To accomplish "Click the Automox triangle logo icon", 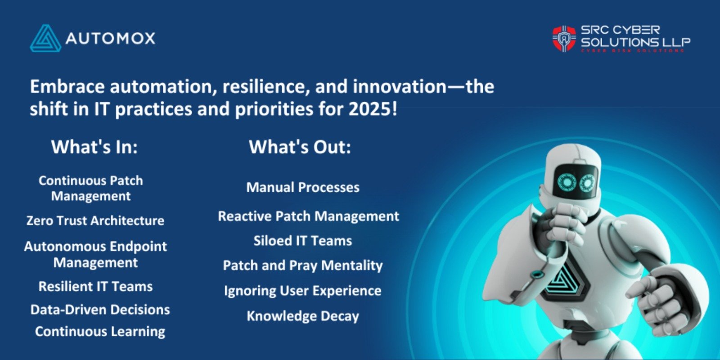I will pos(45,39).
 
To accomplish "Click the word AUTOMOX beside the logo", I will pos(110,38).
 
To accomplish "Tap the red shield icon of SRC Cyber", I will pos(564,39).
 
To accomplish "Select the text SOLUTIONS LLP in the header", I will pos(635,42).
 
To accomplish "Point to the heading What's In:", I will pos(94,147).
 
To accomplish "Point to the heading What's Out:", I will pos(300,147).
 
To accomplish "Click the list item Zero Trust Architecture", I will pos(95,220).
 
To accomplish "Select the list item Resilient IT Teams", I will pos(95,287).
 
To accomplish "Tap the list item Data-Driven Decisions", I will pos(100,310).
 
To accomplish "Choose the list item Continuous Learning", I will pos(100,332).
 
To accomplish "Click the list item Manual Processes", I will pos(303,187).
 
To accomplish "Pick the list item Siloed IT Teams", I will pos(302,241).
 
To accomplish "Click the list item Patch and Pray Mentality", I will pos(302,265).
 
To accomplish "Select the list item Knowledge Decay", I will pos(302,316).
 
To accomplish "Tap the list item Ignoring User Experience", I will pos(302,291).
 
